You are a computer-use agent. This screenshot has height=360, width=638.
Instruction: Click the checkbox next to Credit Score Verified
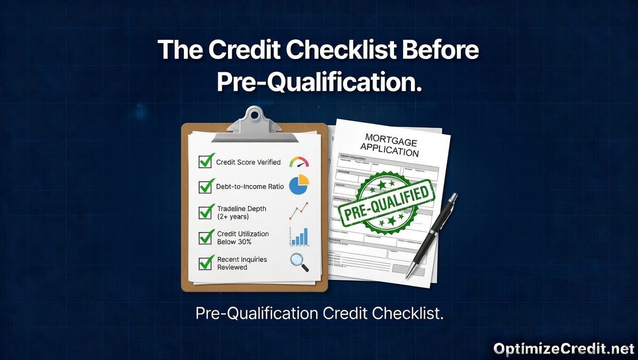coord(205,161)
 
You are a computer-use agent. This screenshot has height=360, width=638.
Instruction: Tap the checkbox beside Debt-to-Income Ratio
coord(205,187)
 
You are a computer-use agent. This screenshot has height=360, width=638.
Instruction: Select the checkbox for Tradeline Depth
coord(205,212)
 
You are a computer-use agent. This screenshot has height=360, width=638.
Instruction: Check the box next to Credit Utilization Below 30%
coord(205,237)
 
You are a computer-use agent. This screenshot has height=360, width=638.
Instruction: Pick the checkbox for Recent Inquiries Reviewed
coord(205,263)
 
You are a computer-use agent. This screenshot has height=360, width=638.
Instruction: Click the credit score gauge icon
coord(299,162)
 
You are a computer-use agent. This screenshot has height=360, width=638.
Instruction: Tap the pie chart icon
coord(299,184)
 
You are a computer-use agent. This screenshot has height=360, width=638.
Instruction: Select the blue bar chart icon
coord(299,237)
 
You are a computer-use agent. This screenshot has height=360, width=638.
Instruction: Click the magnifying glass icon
coord(298,262)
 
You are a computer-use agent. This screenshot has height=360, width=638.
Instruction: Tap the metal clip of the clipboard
coord(254,122)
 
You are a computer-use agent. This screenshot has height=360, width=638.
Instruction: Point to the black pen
coord(432,234)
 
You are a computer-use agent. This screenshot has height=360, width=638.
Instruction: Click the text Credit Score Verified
coord(248,162)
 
